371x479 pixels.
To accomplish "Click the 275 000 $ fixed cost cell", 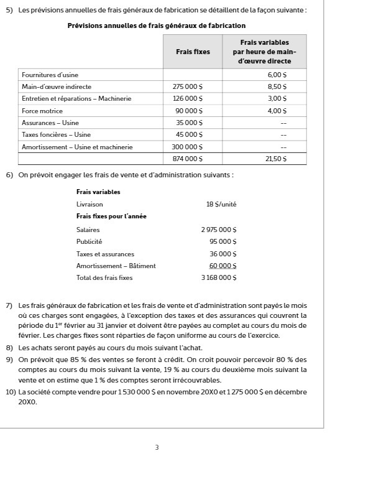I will [x=187, y=86].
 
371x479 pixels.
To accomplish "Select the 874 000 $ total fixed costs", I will [x=187, y=159].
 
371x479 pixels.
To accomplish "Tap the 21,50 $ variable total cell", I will [x=276, y=159].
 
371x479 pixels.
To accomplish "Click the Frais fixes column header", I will [x=193, y=52].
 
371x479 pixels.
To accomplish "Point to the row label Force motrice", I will [x=42, y=111].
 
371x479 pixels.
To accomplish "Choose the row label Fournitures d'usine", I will [x=50, y=75].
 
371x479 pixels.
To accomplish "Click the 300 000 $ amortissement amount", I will [x=187, y=147].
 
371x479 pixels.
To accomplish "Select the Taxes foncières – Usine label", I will [x=56, y=134].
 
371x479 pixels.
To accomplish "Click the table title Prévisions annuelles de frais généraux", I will [x=156, y=26].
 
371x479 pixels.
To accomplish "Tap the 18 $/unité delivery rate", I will [x=221, y=204].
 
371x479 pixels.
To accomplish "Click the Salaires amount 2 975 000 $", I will [x=219, y=230].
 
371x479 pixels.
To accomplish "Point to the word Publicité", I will [x=89, y=241].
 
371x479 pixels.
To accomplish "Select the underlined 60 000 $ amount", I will [x=222, y=266].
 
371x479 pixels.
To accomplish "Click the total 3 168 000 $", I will [x=219, y=277].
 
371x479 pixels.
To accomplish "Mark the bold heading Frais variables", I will [x=98, y=192].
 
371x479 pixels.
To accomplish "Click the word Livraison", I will [x=89, y=204].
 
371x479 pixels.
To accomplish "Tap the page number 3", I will [x=157, y=447].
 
